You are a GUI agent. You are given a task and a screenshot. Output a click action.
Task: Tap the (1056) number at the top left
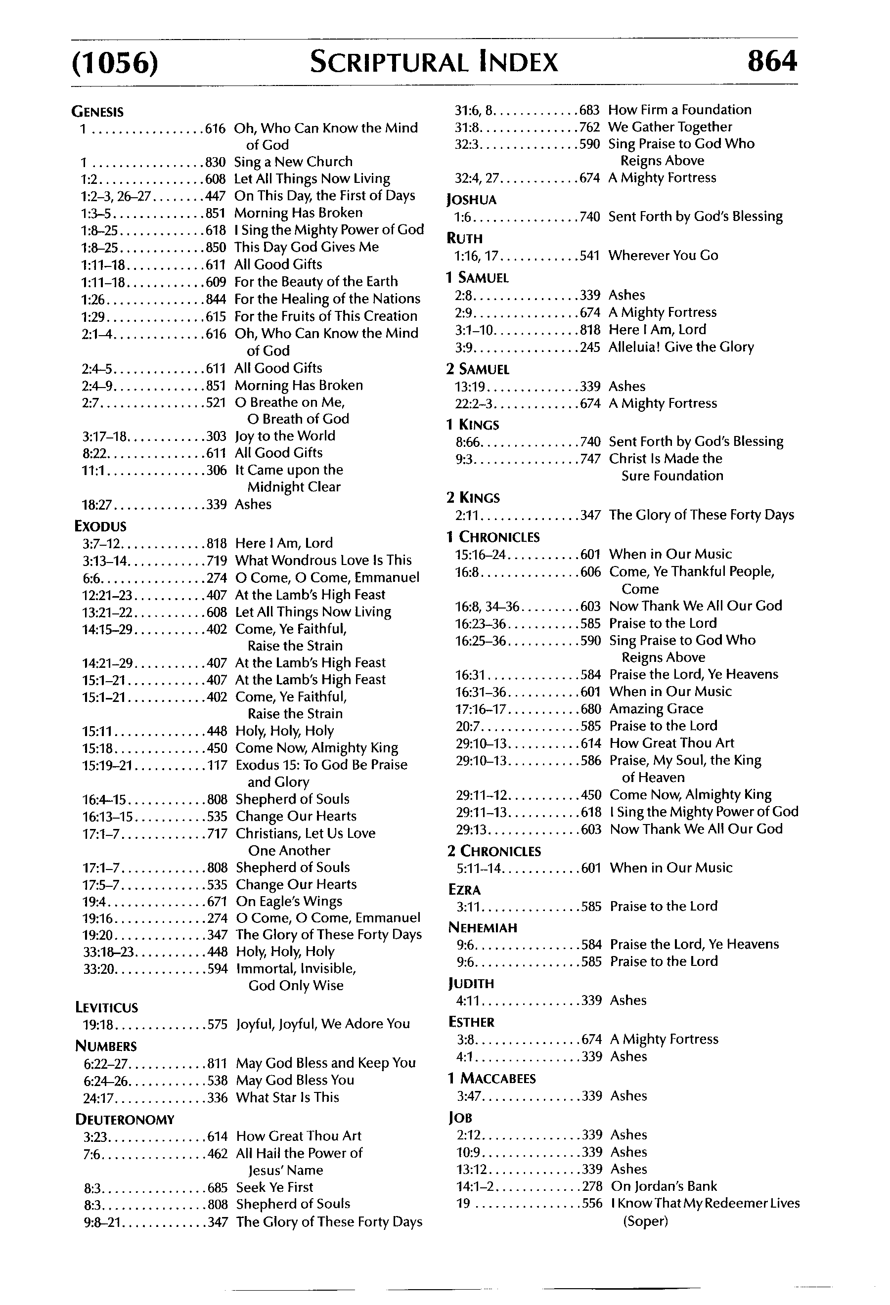(115, 62)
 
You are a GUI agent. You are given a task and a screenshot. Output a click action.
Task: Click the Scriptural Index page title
(434, 62)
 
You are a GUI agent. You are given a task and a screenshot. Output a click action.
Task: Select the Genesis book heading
(98, 112)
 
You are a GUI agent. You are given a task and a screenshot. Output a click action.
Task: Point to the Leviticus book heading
(106, 1007)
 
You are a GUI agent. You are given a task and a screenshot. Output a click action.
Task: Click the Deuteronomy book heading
(125, 1119)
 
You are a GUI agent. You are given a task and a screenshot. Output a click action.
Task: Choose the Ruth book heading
(464, 238)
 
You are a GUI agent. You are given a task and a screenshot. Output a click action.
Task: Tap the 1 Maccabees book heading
(491, 1078)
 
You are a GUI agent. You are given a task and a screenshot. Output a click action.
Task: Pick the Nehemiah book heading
(483, 927)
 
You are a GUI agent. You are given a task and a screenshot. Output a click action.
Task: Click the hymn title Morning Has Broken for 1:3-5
(298, 213)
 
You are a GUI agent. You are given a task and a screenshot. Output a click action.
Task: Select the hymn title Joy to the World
(285, 436)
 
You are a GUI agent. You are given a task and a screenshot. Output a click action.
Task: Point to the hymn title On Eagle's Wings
(289, 901)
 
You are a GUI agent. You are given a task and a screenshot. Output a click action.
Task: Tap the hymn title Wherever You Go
(663, 256)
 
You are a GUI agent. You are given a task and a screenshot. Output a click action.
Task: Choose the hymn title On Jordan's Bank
(664, 1186)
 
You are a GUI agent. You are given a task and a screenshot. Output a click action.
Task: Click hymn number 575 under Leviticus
(217, 1024)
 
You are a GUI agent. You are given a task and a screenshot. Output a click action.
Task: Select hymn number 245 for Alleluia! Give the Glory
(590, 347)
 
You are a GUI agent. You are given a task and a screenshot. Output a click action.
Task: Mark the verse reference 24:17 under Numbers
(98, 1097)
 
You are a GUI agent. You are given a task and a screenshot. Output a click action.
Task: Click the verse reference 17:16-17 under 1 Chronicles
(481, 709)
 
